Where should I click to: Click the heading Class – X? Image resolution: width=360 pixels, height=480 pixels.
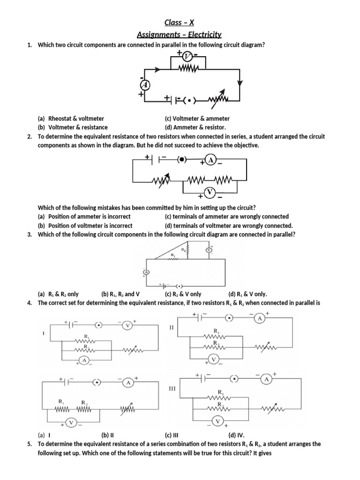tap(180, 22)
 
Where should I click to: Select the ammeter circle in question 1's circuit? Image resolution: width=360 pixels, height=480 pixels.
tap(145, 84)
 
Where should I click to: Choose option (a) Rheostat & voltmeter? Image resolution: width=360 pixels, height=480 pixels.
tap(71, 119)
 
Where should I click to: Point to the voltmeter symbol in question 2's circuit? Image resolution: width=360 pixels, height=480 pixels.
tap(210, 192)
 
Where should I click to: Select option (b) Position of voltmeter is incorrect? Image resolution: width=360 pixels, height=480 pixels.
tap(85, 225)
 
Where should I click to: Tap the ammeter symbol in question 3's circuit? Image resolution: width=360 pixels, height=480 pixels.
tap(146, 272)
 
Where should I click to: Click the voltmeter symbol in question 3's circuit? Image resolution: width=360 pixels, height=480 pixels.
tap(209, 250)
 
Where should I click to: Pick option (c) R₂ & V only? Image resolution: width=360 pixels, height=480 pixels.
tap(183, 294)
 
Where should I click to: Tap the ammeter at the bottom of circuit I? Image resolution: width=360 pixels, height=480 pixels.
tap(84, 360)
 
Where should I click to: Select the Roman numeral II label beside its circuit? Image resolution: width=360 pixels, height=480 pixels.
tap(172, 328)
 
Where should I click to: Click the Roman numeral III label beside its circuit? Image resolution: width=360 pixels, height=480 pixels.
tap(172, 389)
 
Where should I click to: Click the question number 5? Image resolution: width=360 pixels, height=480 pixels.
tap(30, 443)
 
